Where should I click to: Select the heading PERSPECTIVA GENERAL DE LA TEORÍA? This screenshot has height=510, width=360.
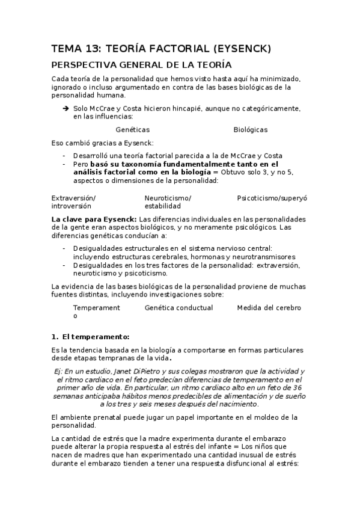(x=142, y=65)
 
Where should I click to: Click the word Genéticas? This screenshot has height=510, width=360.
(x=132, y=129)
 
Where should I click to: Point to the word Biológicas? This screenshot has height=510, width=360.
(x=251, y=129)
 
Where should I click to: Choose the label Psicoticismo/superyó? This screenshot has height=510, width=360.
(x=272, y=198)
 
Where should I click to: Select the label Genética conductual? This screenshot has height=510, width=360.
(x=178, y=308)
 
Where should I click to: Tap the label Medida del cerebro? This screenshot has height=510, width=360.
(x=269, y=308)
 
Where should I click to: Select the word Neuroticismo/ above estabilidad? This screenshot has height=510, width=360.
(x=168, y=198)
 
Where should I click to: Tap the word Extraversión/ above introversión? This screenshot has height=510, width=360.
(x=73, y=198)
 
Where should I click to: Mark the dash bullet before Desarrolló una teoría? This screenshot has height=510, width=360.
(x=64, y=155)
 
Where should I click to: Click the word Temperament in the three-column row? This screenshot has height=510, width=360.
(x=96, y=308)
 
